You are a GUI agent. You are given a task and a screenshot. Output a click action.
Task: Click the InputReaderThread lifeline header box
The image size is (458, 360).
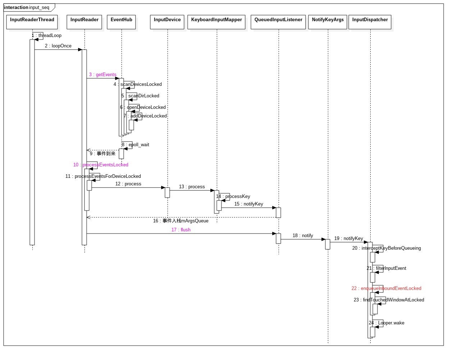pyautogui.click(x=32, y=22)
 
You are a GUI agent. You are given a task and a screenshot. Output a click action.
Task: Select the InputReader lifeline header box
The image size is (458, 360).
pyautogui.click(x=84, y=22)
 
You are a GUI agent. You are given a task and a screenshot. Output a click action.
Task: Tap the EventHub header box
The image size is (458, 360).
pyautogui.click(x=122, y=22)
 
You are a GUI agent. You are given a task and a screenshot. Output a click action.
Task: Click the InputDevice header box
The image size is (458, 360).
pyautogui.click(x=167, y=22)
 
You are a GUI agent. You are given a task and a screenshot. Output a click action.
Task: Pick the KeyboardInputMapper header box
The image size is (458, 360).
pyautogui.click(x=216, y=22)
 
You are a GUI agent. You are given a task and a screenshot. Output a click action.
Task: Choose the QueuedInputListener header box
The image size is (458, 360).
pyautogui.click(x=278, y=22)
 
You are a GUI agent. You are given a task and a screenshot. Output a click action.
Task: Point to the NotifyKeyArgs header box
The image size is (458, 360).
pyautogui.click(x=328, y=22)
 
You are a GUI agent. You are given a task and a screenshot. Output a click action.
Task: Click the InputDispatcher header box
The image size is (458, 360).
pyautogui.click(x=370, y=22)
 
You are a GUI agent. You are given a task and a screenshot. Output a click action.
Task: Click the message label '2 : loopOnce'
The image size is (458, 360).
pyautogui.click(x=58, y=46)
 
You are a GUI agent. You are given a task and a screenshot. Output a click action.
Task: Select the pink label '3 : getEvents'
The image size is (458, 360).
pyautogui.click(x=103, y=75)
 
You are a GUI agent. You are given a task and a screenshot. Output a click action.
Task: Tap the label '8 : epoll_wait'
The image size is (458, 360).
pyautogui.click(x=136, y=145)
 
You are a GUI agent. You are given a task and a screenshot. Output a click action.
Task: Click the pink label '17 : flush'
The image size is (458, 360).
pyautogui.click(x=181, y=230)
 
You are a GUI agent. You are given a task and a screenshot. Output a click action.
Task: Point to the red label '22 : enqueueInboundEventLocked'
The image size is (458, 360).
pyautogui.click(x=386, y=289)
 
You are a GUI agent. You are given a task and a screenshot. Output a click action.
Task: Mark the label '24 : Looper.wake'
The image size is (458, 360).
pyautogui.click(x=386, y=323)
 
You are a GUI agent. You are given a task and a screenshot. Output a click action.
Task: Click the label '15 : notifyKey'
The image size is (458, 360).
pyautogui.click(x=249, y=204)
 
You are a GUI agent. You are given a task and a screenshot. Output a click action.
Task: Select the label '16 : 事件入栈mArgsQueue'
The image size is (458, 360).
pyautogui.click(x=181, y=221)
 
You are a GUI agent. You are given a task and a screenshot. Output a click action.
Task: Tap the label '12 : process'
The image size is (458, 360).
pyautogui.click(x=128, y=184)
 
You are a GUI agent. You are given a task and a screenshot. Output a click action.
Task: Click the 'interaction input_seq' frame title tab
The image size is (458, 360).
pyautogui.click(x=27, y=8)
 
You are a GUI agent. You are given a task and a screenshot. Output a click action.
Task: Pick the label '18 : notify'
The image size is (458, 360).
pyautogui.click(x=303, y=236)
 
